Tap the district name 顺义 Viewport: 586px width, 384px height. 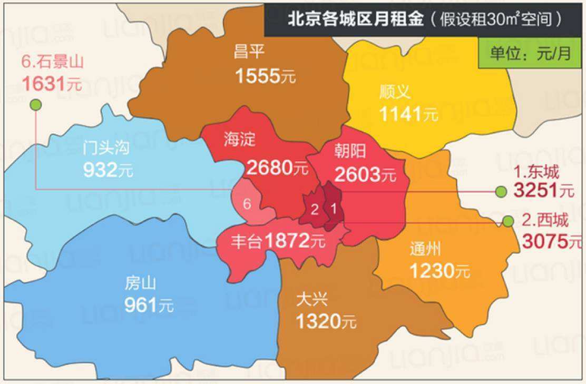coord(394,93)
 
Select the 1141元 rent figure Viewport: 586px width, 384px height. coord(408,114)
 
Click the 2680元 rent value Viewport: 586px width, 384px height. coord(277,169)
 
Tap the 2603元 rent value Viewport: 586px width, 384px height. coord(365,174)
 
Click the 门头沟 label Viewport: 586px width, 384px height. coord(106,148)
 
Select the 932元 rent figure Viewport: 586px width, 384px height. coord(108,170)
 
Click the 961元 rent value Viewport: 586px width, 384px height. coord(149,305)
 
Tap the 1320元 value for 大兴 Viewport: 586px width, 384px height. coord(326,321)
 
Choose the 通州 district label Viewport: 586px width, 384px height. coord(425,249)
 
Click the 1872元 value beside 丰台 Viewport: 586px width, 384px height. coord(295,242)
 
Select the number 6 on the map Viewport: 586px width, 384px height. coord(247,204)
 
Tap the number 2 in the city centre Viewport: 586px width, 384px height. coord(314,209)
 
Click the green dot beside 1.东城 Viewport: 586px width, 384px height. coord(501,192)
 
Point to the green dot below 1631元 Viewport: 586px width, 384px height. coord(35,105)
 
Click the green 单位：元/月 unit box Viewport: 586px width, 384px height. coord(531,54)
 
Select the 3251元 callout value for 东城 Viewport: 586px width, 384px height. coord(543,191)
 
